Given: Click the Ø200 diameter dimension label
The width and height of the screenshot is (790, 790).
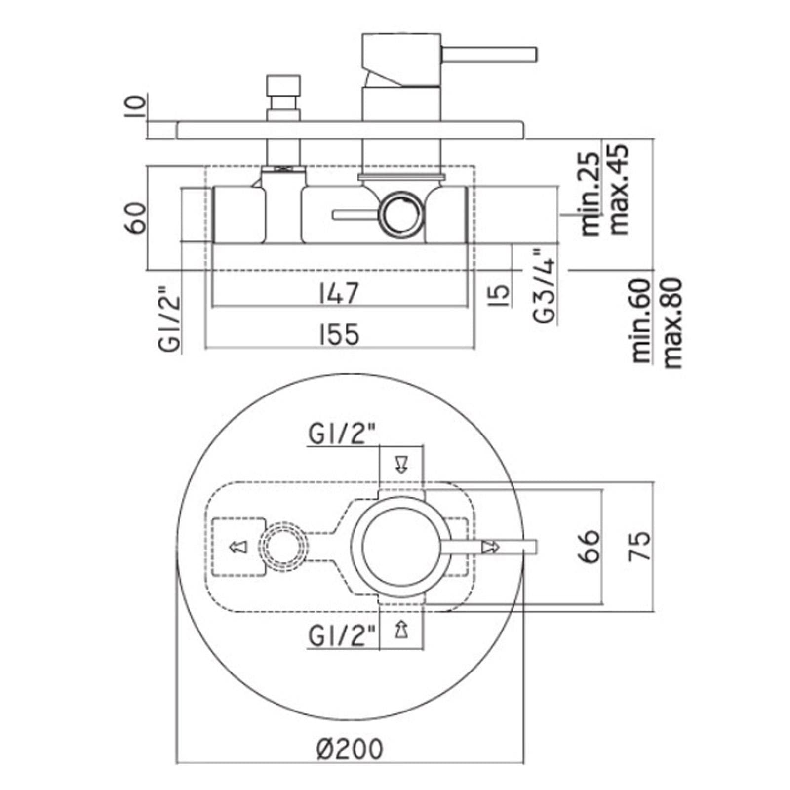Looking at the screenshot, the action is [x=349, y=749].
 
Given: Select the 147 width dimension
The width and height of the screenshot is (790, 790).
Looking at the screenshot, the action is [x=339, y=293].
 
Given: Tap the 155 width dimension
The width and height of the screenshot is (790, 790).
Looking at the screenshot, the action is [x=339, y=335].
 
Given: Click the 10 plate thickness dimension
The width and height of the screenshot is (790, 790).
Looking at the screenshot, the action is [x=136, y=106].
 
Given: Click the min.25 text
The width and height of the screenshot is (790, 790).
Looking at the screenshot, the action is [x=592, y=194].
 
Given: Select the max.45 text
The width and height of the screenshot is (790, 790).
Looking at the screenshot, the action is [x=619, y=189].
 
